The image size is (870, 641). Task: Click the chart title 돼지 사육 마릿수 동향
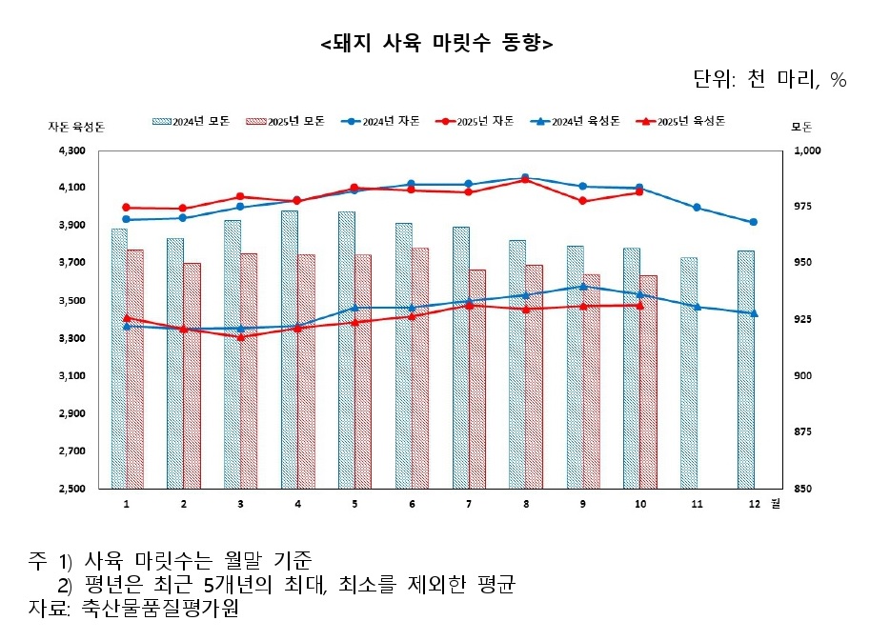point(436,44)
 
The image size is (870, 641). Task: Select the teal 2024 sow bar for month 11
point(688,372)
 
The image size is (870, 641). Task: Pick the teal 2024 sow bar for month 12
point(745,370)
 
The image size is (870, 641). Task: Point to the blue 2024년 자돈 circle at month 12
point(754,222)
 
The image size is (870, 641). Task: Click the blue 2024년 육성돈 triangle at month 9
point(582,286)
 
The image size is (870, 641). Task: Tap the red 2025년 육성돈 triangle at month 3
point(240,337)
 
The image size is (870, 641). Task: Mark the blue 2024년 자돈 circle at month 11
point(697,208)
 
